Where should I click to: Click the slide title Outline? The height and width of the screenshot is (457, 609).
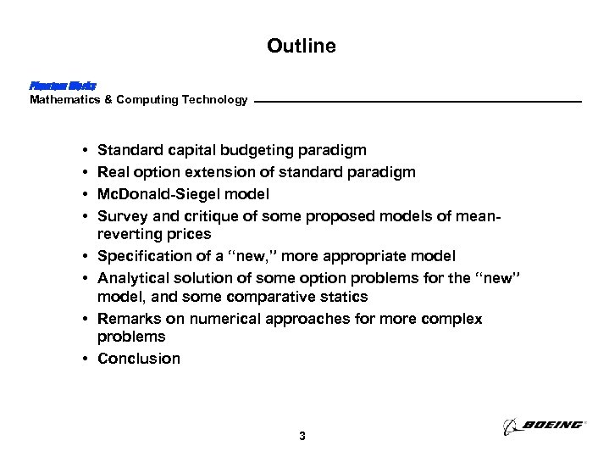pos(301,46)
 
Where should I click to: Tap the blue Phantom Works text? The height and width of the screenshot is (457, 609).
pos(63,86)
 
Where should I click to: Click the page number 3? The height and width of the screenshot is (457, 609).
pos(302,437)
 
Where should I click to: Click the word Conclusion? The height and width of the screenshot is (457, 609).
pos(139,359)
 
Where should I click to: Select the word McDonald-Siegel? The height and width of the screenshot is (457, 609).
pos(156,194)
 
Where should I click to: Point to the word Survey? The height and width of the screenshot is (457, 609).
pos(121,216)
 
